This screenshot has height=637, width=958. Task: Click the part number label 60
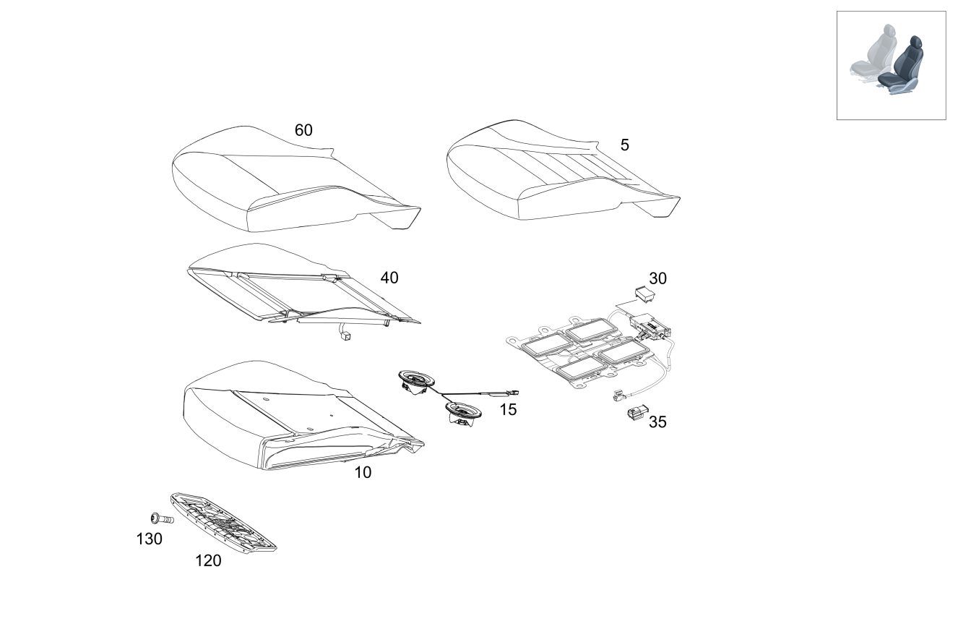(x=303, y=131)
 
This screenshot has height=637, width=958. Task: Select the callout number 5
(x=624, y=145)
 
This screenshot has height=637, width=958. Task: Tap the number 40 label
(x=389, y=278)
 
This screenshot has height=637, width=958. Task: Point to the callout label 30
(x=657, y=278)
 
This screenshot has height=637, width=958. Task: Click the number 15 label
(x=508, y=410)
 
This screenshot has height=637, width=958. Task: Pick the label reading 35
(x=657, y=422)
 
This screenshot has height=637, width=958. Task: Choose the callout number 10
(x=363, y=473)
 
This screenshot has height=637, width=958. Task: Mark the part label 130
(x=150, y=539)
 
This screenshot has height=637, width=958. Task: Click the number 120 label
(x=208, y=561)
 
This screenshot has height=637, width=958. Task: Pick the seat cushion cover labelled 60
(x=289, y=181)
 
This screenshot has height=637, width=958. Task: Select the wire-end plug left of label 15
(x=514, y=392)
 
